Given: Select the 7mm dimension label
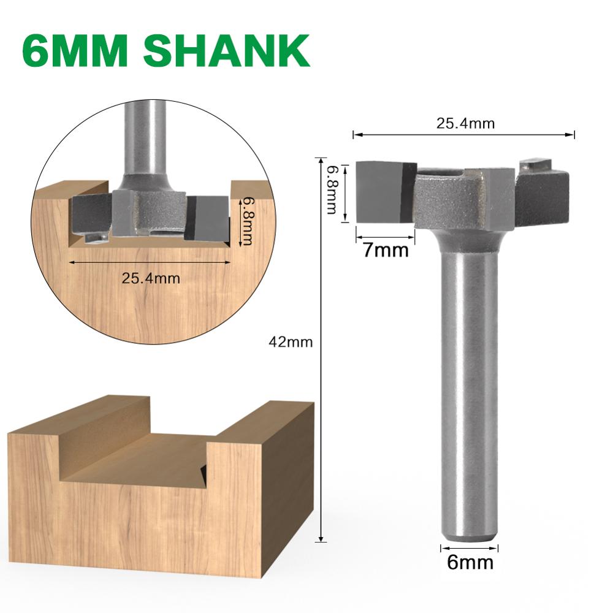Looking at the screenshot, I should (x=384, y=250).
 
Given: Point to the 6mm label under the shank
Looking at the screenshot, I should (x=470, y=562).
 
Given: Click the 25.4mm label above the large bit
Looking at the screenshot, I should (x=465, y=123).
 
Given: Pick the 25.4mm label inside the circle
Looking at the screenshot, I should (x=151, y=278).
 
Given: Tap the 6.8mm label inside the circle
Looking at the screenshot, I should (x=246, y=221).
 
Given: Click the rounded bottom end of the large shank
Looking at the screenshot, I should (x=469, y=533).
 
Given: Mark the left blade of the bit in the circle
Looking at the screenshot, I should (x=91, y=215).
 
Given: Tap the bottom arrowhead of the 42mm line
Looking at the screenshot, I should (x=320, y=539).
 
